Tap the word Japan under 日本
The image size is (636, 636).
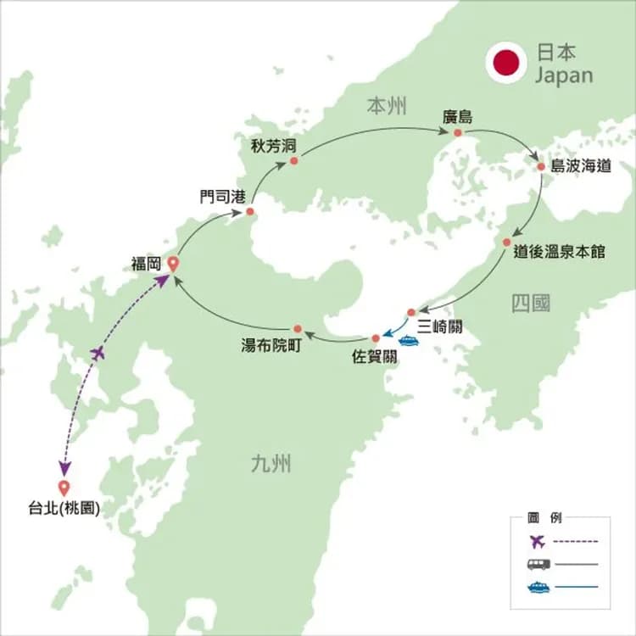(564, 75)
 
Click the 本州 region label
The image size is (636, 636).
(387, 106)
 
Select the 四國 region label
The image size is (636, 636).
(531, 303)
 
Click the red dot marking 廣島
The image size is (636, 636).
(458, 133)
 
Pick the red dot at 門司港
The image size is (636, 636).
(250, 211)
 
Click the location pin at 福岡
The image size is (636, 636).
(173, 264)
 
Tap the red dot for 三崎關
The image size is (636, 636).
(410, 312)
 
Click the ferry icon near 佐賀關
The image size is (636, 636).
(409, 341)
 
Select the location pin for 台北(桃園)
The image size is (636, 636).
(63, 488)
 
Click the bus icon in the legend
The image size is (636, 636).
(538, 564)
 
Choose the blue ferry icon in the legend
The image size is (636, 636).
(538, 587)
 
